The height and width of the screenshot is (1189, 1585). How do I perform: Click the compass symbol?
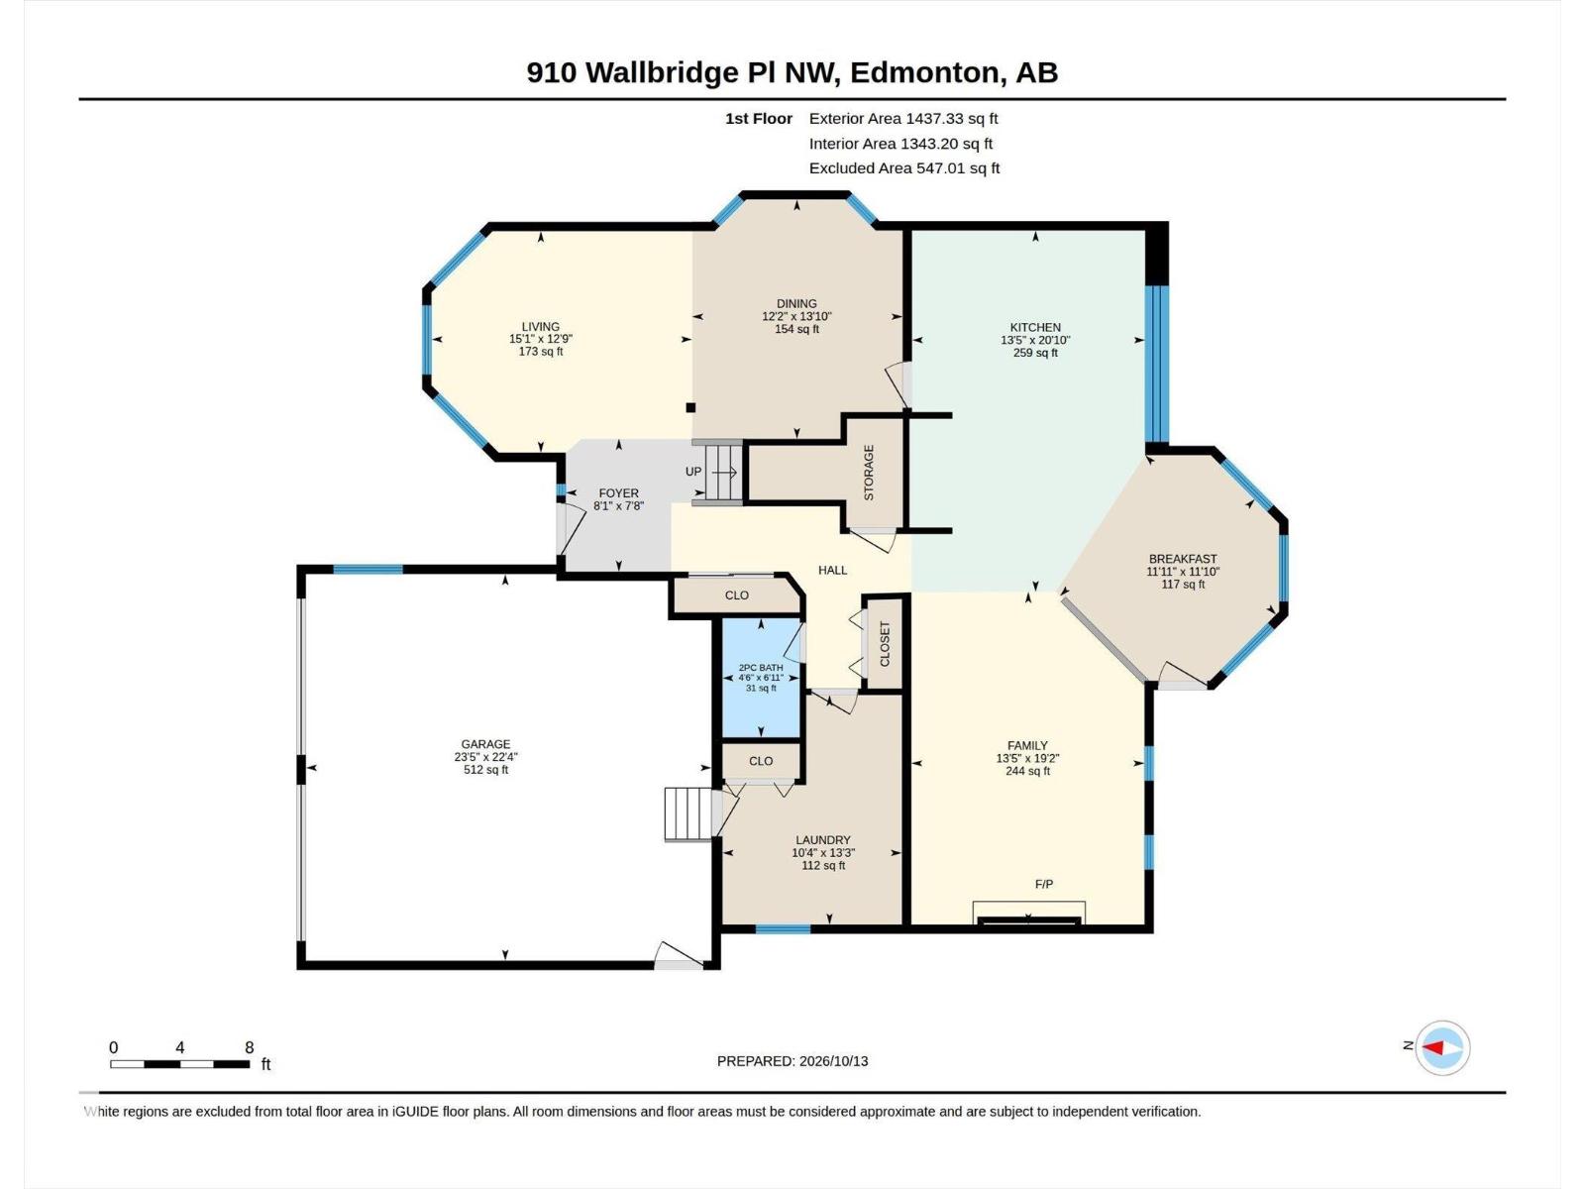pos(1442,1047)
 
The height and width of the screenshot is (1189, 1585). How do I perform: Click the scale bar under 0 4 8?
pos(180,1064)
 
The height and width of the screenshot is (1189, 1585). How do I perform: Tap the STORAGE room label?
pos(869,473)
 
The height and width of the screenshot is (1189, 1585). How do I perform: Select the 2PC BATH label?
pos(761,668)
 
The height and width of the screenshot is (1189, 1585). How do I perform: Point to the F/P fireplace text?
pos(1044,884)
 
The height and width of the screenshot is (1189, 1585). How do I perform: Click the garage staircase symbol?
pos(688,813)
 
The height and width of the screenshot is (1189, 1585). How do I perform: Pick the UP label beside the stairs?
pos(693,472)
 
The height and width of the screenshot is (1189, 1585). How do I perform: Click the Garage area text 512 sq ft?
pos(486,770)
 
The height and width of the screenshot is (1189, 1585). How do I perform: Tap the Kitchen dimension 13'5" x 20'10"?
pos(1035,340)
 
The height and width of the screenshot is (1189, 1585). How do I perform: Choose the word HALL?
pos(832,571)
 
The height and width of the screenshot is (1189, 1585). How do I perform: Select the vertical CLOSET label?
pos(886,644)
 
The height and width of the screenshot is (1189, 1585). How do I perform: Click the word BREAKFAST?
pos(1183,559)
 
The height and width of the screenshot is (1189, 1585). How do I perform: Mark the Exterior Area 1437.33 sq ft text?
pos(903,118)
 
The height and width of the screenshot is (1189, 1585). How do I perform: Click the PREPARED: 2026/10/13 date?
pos(792,1061)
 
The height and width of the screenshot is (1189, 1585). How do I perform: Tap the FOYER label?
pos(619,493)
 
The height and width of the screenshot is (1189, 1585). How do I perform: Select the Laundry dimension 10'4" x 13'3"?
pos(823,852)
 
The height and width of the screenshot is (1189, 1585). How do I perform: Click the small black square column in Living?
pos(690,408)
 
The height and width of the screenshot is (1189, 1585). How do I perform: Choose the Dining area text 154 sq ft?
pos(797,329)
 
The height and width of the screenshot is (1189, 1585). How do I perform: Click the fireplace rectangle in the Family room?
pos(1029,914)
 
